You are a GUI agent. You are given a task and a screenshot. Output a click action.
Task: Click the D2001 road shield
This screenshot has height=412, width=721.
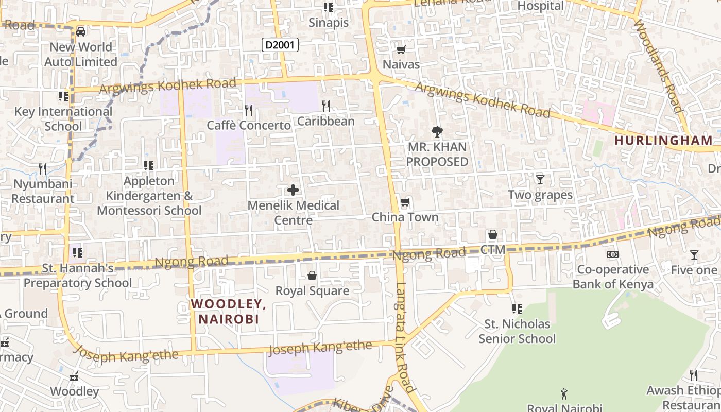pyautogui.click(x=280, y=45)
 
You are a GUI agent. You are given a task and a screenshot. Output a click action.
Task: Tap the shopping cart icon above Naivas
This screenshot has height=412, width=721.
pyautogui.click(x=401, y=49)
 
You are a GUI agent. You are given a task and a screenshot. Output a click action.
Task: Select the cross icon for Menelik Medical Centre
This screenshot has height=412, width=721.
pyautogui.click(x=293, y=190)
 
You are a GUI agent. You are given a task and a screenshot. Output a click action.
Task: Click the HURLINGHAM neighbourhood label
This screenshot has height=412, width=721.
pyautogui.click(x=663, y=140)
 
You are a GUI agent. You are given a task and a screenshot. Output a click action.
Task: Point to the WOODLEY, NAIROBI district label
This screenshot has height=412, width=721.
pyautogui.click(x=229, y=311)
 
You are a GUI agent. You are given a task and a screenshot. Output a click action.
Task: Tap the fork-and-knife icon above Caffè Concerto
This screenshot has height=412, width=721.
pyautogui.click(x=249, y=110)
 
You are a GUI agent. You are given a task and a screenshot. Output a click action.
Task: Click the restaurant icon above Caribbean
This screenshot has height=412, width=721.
pyautogui.click(x=326, y=106)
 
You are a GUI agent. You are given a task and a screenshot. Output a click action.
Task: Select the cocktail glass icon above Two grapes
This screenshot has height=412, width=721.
pyautogui.click(x=540, y=179)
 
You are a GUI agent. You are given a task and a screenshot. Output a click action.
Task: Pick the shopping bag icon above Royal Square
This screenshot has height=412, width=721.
pyautogui.click(x=312, y=276)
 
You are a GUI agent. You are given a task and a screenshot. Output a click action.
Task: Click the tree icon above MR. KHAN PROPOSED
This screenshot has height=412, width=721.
pyautogui.click(x=437, y=132)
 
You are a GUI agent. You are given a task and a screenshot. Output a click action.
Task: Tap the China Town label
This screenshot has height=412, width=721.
pyautogui.click(x=405, y=217)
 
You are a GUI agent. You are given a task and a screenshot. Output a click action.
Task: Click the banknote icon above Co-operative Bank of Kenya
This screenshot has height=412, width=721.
pyautogui.click(x=613, y=254)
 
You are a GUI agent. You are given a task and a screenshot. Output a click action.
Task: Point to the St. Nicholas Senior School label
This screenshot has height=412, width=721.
pyautogui.click(x=517, y=331)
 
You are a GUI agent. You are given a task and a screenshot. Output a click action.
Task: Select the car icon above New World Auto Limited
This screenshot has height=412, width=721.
pyautogui.click(x=81, y=32)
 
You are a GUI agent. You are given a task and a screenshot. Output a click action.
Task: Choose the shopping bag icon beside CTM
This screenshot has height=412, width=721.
pyautogui.click(x=493, y=235)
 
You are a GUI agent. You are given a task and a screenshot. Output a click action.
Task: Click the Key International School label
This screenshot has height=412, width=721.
pyautogui.click(x=63, y=118)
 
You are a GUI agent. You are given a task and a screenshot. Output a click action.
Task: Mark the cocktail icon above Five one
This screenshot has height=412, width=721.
pyautogui.click(x=694, y=255)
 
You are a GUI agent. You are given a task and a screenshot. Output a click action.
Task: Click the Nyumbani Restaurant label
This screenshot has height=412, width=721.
pyautogui.click(x=43, y=191)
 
